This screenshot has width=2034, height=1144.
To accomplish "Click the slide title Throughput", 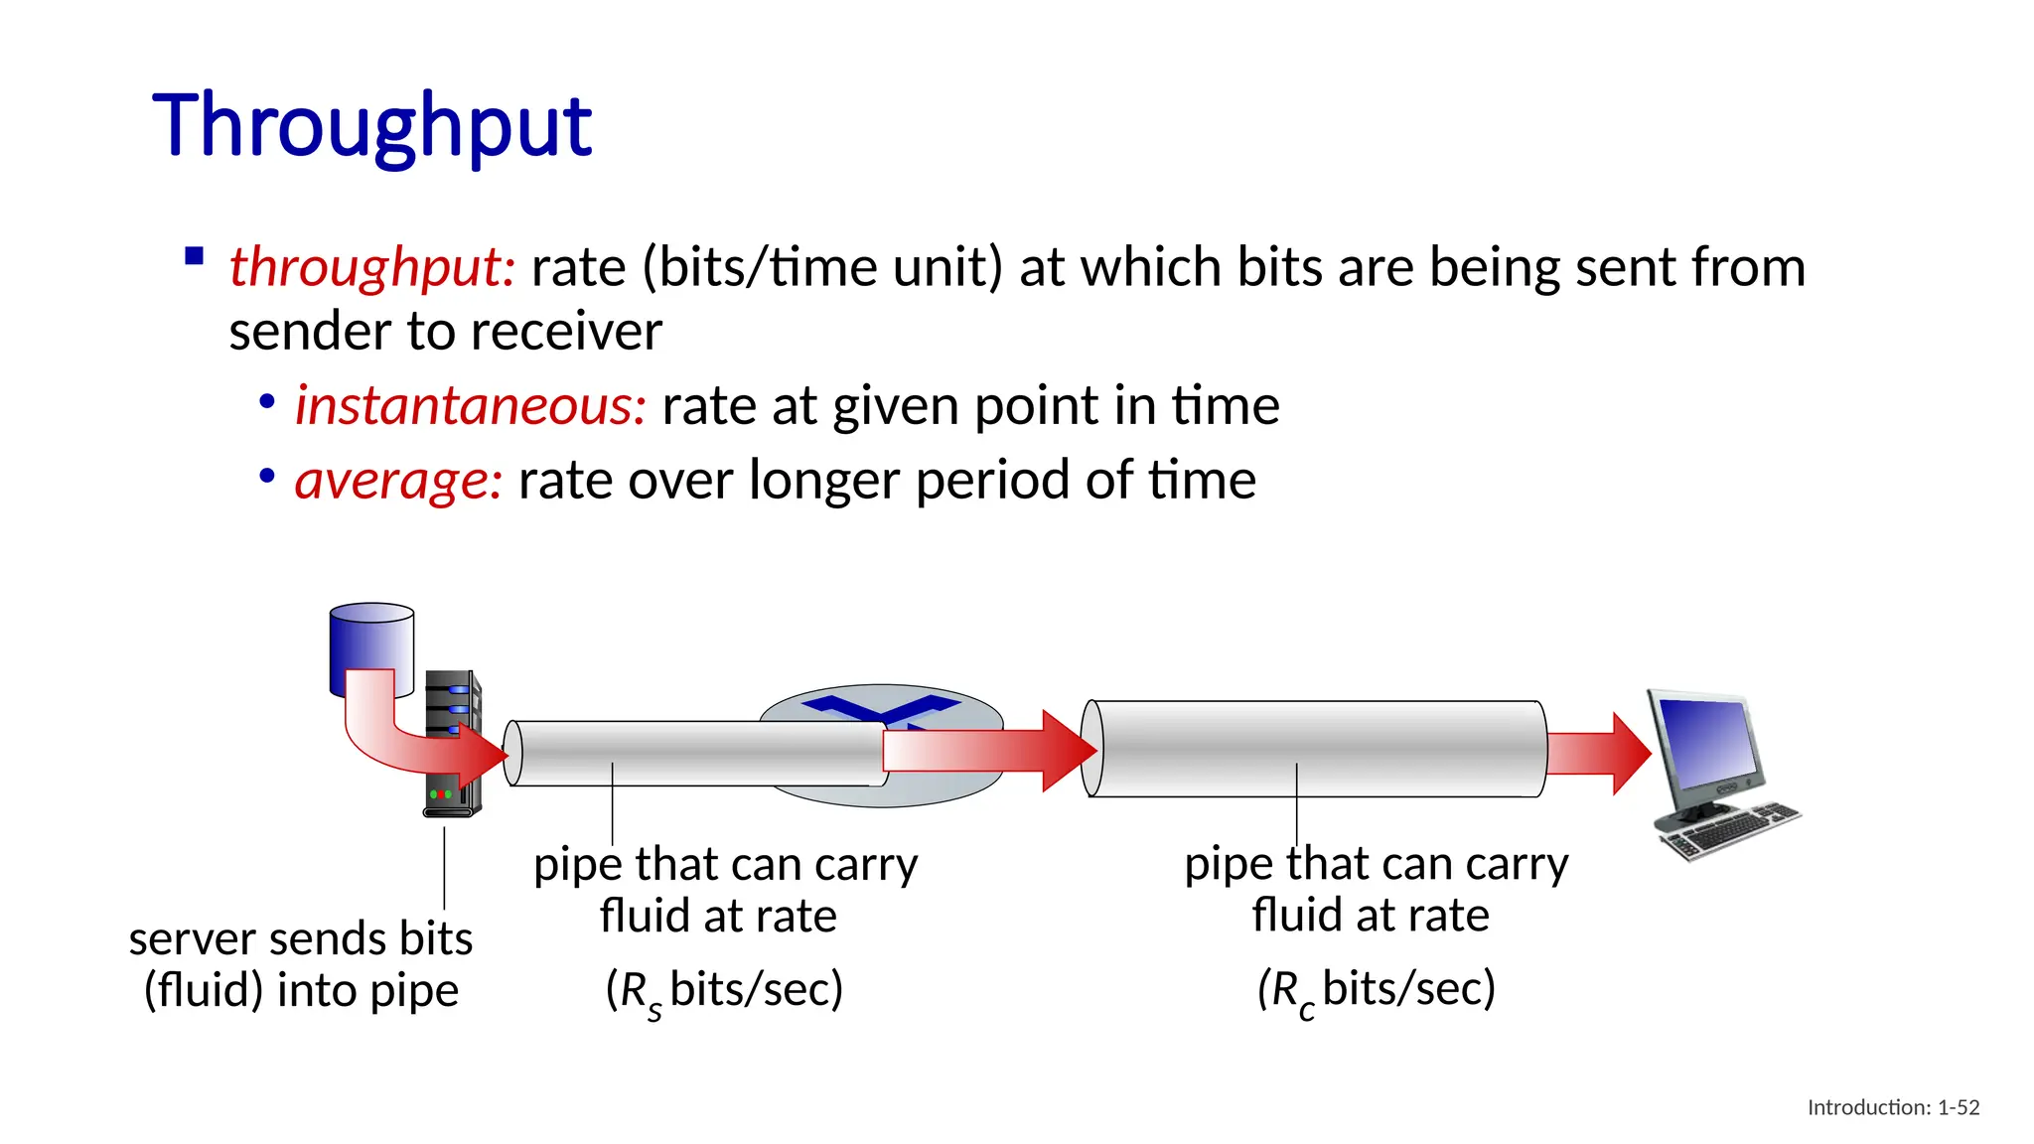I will (x=372, y=126).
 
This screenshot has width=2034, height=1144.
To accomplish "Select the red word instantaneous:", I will (x=471, y=406).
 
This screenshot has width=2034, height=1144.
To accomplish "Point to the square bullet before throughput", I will (x=195, y=257).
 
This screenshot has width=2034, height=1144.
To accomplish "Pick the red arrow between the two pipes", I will (x=988, y=751).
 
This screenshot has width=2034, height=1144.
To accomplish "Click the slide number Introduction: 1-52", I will (x=1893, y=1107).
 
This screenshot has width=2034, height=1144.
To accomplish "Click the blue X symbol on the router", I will (x=880, y=707).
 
